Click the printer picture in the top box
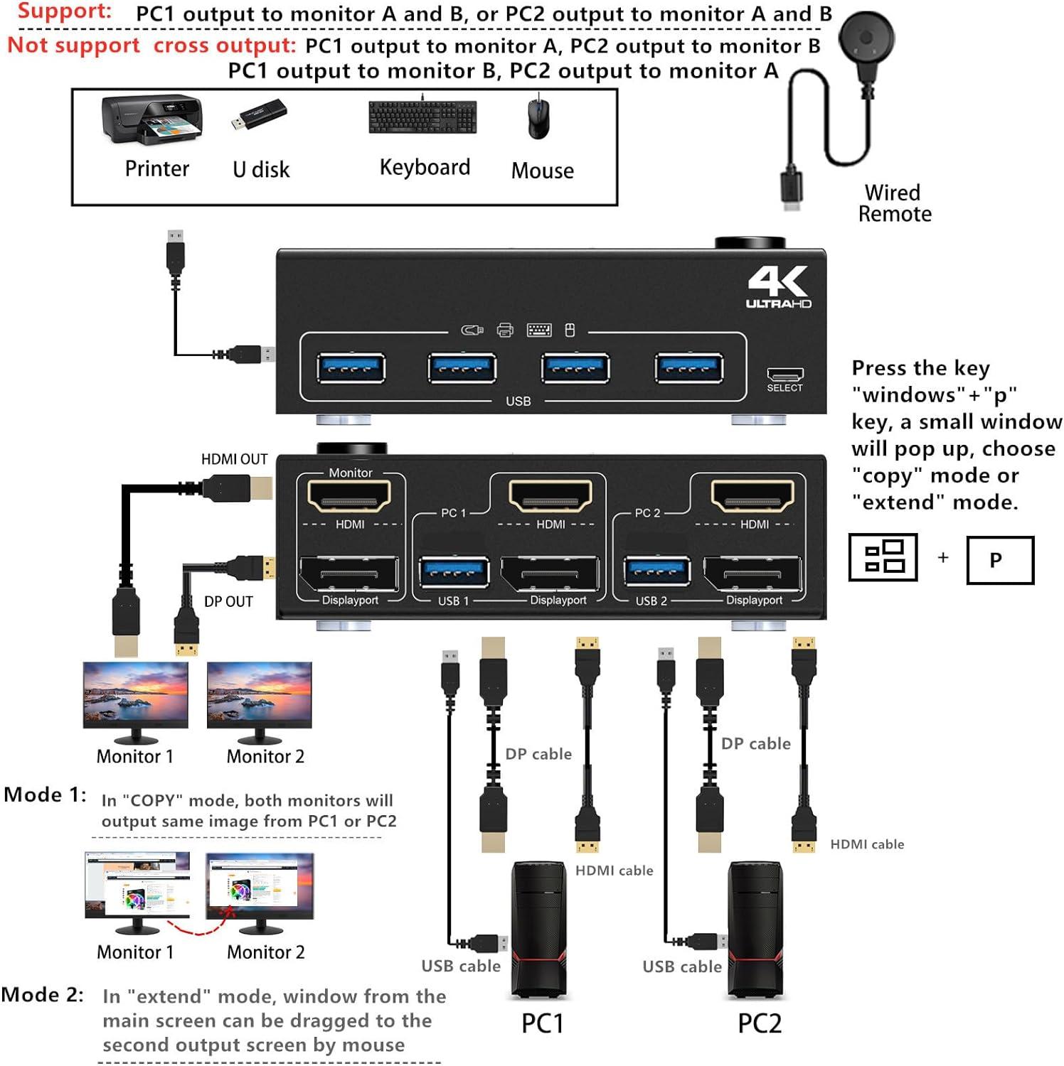[x=152, y=120]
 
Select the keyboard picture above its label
[x=422, y=117]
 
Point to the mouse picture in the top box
[x=538, y=118]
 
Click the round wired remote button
[x=866, y=40]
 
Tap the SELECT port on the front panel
[x=784, y=375]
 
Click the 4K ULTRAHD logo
[x=778, y=287]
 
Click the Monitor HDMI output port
[x=349, y=496]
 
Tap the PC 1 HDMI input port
[x=550, y=496]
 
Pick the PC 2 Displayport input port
[x=752, y=574]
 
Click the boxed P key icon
[x=999, y=561]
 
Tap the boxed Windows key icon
[x=883, y=557]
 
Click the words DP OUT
[x=228, y=602]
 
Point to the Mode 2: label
[x=42, y=994]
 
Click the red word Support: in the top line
[x=64, y=11]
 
